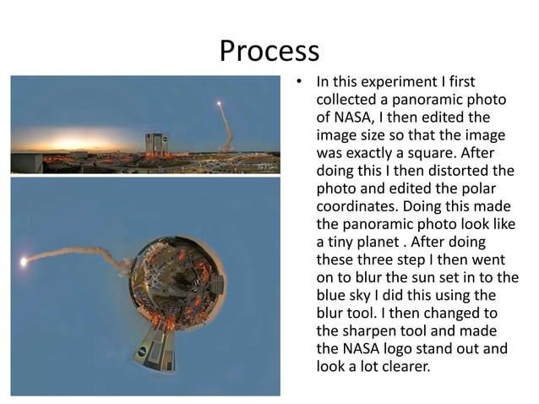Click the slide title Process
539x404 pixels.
[x=269, y=51]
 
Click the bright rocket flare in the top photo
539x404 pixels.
[x=219, y=104]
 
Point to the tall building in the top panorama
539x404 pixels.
[x=156, y=142]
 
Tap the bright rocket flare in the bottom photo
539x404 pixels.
[x=23, y=262]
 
